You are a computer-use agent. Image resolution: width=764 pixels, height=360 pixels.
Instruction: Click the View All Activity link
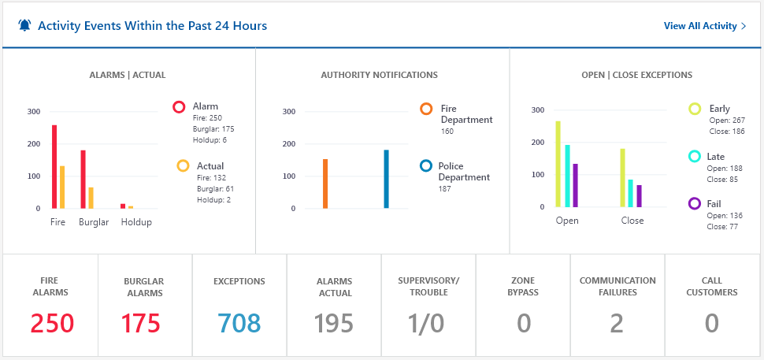705,26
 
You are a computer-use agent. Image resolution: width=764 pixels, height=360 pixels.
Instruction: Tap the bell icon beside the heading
24,26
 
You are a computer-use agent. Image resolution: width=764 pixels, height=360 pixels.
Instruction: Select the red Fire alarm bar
54,166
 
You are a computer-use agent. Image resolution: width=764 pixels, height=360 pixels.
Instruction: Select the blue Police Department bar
386,179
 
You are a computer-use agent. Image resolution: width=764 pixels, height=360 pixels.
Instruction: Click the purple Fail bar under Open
575,185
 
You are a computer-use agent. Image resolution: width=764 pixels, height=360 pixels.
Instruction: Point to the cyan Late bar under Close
630,193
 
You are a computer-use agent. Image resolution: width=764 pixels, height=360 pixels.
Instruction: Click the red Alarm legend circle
179,106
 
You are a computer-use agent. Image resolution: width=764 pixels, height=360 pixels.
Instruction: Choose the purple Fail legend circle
695,204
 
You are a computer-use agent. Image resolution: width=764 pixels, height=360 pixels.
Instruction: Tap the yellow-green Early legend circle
695,109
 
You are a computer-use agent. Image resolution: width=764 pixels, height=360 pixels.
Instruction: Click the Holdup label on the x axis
136,222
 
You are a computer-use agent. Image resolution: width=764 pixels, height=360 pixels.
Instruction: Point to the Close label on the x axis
632,221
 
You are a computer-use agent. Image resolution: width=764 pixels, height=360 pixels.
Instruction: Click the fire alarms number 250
52,323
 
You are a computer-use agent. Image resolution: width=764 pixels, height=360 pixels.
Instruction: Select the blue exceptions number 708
239,323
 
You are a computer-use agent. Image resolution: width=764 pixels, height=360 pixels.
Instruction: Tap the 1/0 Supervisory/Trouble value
427,323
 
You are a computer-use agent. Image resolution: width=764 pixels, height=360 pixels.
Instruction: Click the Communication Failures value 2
618,323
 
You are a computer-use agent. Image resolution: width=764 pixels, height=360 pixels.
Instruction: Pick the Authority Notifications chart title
379,76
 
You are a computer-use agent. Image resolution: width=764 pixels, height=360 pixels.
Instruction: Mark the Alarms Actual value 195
334,323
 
